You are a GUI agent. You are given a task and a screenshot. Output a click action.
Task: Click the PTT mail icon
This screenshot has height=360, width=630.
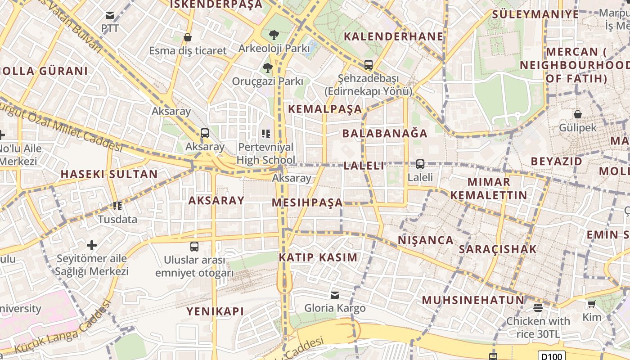[110, 16]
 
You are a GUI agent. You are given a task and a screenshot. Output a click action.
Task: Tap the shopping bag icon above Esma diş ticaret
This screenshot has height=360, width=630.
[188, 37]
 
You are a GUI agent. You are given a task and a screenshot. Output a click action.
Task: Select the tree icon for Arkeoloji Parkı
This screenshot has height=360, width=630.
[274, 35]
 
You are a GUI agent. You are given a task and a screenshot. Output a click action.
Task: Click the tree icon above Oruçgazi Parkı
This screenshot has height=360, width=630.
[268, 68]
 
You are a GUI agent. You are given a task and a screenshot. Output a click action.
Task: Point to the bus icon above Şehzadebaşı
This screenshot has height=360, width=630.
[369, 65]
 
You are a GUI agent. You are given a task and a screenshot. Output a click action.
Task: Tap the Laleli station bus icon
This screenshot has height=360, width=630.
[420, 164]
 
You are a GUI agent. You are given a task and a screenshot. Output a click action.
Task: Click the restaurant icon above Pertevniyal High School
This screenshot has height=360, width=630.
[266, 133]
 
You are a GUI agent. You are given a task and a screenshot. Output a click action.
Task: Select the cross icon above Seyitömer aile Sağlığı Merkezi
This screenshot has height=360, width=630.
[92, 245]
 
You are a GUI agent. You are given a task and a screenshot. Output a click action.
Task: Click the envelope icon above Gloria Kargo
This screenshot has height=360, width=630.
[335, 295]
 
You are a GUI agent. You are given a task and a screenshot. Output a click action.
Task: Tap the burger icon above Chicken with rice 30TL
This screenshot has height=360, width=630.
[538, 308]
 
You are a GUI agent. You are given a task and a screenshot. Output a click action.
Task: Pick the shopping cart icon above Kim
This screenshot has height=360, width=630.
[591, 304]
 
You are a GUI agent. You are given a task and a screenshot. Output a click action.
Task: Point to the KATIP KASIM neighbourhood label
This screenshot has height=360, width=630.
[318, 258]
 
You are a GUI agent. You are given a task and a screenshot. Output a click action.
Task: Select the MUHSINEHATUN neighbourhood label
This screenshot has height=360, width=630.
[473, 300]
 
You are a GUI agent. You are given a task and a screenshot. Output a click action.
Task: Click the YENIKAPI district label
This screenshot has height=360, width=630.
[215, 311]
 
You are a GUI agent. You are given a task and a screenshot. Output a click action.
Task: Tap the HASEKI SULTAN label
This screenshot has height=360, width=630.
[109, 174]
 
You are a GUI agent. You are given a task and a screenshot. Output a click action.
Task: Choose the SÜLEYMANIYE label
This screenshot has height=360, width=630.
[535, 14]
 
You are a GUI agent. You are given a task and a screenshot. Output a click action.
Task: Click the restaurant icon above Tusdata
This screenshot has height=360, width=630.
[117, 206]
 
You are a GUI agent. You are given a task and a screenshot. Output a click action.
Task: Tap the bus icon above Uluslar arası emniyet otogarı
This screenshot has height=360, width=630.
[194, 247]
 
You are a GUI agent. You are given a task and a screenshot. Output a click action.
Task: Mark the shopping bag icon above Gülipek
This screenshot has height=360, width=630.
[578, 114]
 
